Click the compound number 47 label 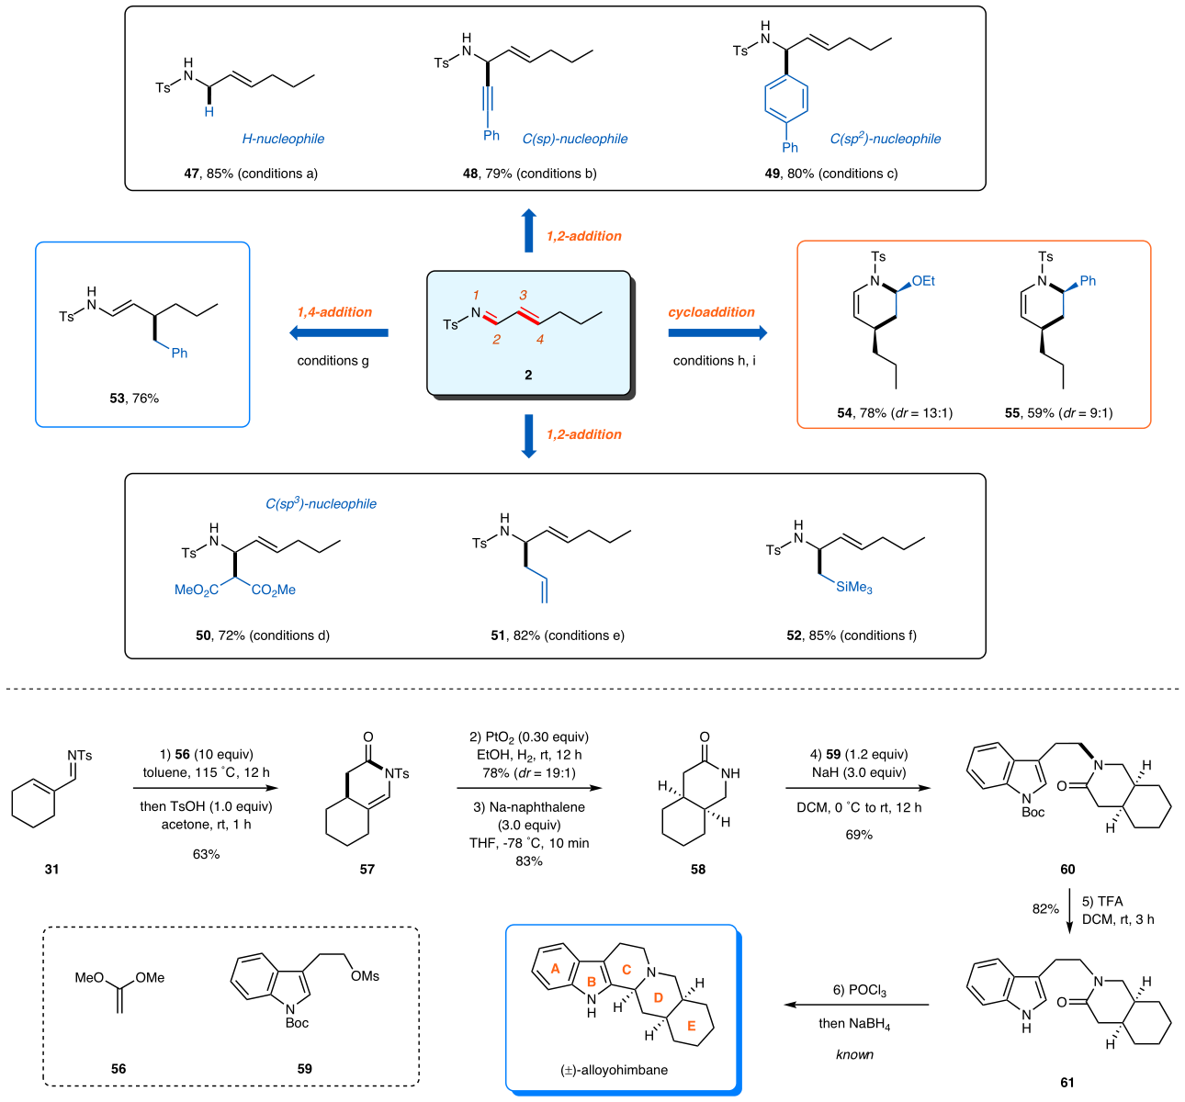192,173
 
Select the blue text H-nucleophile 283,139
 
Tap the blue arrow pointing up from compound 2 528,230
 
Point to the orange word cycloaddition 711,312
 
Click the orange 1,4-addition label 334,312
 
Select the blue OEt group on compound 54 923,281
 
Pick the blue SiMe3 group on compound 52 853,587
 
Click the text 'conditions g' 333,361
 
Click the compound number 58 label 698,869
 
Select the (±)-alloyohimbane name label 614,1070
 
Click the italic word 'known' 854,1054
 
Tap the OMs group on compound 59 365,976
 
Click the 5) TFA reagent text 1102,901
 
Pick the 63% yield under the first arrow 206,854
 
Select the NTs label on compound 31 80,756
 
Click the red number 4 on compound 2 540,340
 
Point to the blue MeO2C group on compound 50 197,590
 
